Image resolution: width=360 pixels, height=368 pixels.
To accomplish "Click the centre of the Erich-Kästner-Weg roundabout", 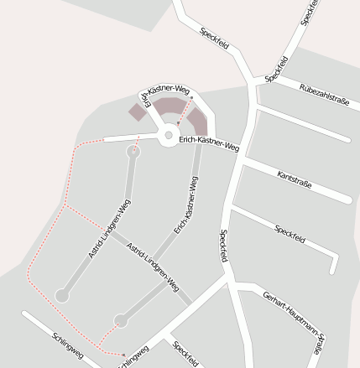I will pyautogui.click(x=168, y=134).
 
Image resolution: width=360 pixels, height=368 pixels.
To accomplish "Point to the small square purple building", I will pyautogui.click(x=137, y=111).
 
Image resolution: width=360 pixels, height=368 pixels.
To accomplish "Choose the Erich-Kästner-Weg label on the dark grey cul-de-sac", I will pyautogui.click(x=185, y=205).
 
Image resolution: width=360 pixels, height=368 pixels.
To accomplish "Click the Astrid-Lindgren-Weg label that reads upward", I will pyautogui.click(x=109, y=228).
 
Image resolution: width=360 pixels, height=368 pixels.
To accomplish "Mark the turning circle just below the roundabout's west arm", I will pyautogui.click(x=133, y=152).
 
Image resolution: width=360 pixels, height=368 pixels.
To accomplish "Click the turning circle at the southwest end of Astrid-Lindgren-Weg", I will pyautogui.click(x=61, y=295).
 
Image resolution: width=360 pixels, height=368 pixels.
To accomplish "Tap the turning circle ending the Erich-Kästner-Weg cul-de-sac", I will pyautogui.click(x=121, y=320).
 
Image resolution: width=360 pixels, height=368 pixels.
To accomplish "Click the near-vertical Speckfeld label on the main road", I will pyautogui.click(x=225, y=246).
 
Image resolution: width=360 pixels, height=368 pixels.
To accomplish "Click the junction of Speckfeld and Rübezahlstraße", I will pyautogui.click(x=256, y=81).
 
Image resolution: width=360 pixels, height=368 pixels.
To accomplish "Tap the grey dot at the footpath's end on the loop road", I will pyautogui.click(x=192, y=98).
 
